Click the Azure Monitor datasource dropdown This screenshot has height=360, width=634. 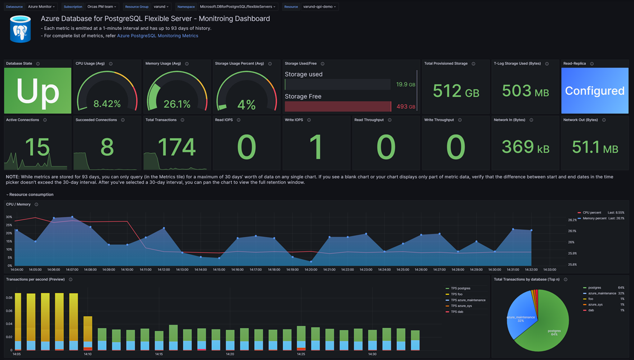(42, 7)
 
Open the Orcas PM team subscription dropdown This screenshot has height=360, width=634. (102, 7)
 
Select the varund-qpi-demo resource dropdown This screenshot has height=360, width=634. (320, 7)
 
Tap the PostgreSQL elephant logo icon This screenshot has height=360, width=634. (21, 29)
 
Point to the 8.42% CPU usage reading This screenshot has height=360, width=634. (107, 104)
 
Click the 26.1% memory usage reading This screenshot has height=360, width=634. (176, 104)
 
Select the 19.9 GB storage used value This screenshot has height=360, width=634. (405, 85)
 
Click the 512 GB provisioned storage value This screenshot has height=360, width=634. (455, 91)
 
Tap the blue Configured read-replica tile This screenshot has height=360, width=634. (594, 91)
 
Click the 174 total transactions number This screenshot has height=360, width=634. (176, 147)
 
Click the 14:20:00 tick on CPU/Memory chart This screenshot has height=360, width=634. (311, 270)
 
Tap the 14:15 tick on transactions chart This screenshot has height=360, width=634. (158, 354)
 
